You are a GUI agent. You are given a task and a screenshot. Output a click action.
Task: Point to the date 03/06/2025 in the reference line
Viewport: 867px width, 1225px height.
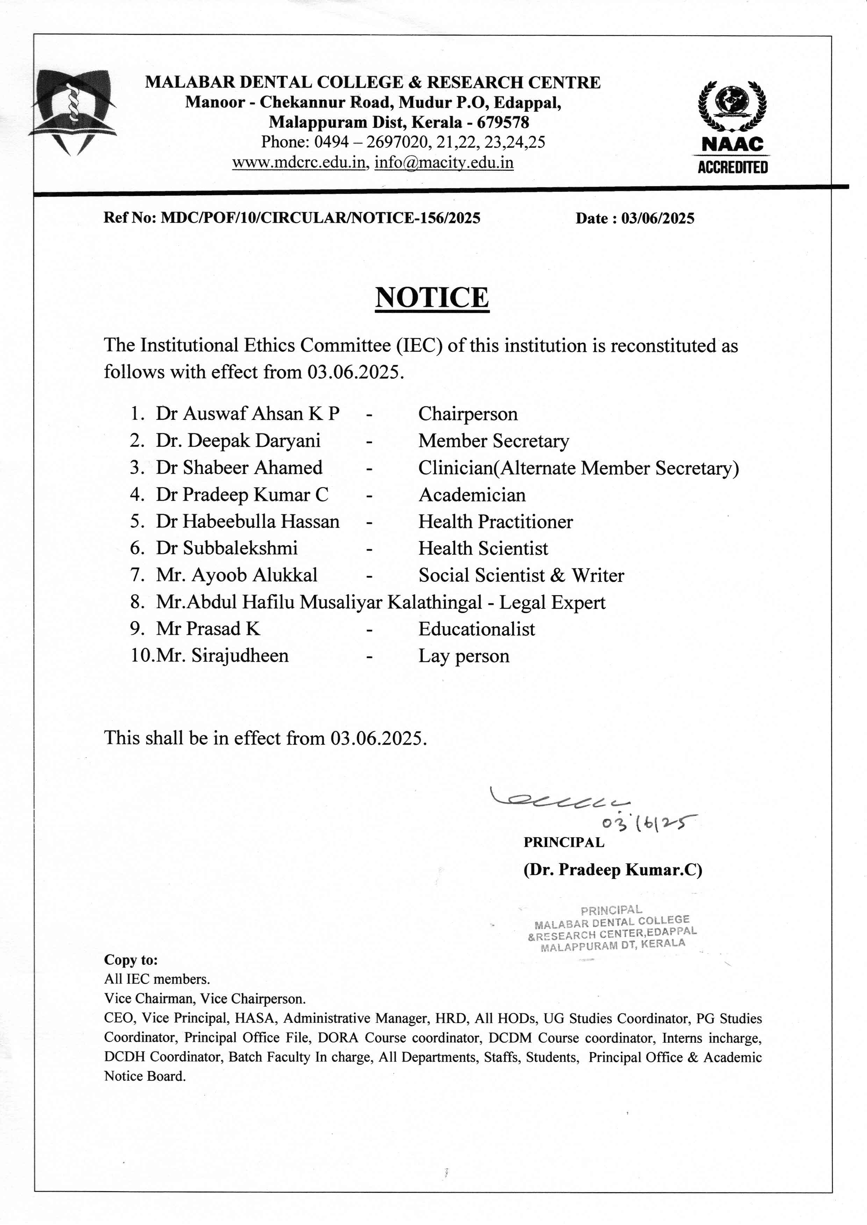(657, 218)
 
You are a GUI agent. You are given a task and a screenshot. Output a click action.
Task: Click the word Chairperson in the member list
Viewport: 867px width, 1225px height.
(468, 414)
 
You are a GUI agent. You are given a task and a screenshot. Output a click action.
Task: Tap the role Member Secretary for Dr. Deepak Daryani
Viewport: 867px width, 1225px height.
(493, 441)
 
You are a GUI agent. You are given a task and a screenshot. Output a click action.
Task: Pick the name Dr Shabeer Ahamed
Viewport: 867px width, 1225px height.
(239, 467)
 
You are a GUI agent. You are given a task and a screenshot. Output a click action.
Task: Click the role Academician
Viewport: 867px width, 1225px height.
(472, 495)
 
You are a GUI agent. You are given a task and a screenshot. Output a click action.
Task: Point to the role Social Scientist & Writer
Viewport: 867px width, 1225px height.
(521, 575)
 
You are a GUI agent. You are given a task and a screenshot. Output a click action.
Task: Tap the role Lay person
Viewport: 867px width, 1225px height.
(464, 656)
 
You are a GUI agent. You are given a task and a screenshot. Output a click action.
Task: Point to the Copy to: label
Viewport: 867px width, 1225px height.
(131, 960)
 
